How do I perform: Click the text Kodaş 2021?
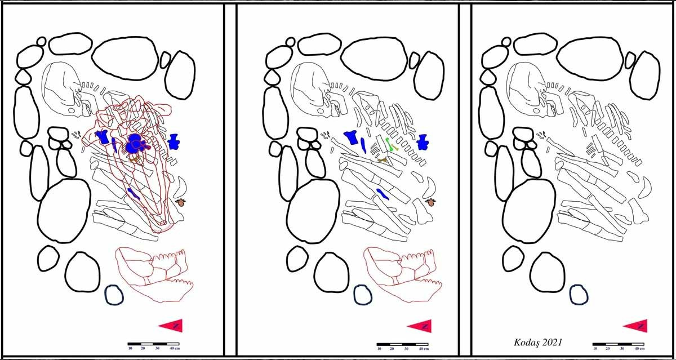(x=538, y=343)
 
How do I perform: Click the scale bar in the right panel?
(x=618, y=344)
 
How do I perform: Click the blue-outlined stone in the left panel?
(x=114, y=295)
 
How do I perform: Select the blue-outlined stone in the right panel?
(x=579, y=295)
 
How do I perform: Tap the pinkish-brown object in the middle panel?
(x=430, y=202)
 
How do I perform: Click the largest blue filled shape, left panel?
(x=135, y=143)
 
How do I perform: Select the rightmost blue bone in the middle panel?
(x=422, y=143)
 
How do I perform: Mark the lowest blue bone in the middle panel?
(x=383, y=194)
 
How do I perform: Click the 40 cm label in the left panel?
(x=175, y=349)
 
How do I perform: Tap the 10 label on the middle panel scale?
(x=379, y=349)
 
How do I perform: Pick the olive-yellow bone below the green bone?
(x=383, y=160)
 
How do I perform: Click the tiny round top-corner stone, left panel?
(x=41, y=41)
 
